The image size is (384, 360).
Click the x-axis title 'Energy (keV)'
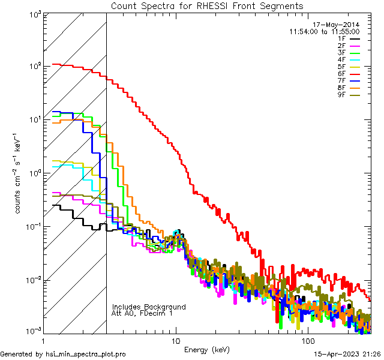pyautogui.click(x=207, y=349)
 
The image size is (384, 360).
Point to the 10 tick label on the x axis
pyautogui.click(x=176, y=340)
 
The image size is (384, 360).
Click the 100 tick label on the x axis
pyautogui.click(x=307, y=340)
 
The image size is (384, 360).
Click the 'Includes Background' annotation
pyautogui.click(x=149, y=307)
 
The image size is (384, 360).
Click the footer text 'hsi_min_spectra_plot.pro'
pyautogui.click(x=86, y=355)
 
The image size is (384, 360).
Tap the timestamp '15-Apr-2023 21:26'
pyautogui.click(x=348, y=355)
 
